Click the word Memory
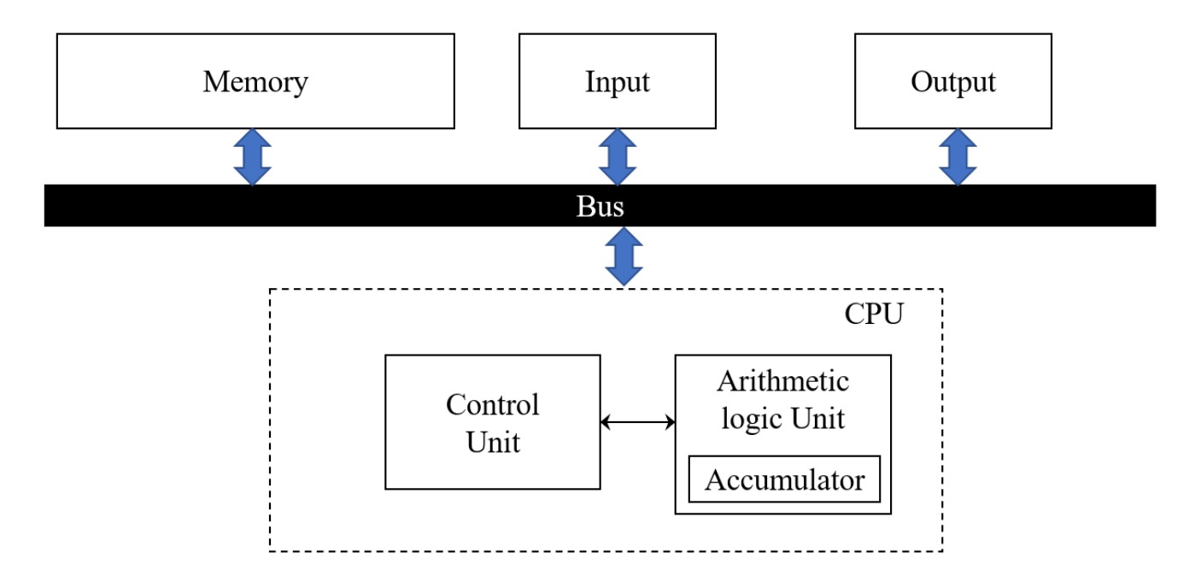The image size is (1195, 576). point(255,82)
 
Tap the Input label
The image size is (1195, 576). point(618,82)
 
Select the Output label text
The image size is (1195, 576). point(953,82)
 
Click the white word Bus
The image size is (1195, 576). point(600,206)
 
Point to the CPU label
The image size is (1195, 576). point(874,314)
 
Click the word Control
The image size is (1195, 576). point(492,404)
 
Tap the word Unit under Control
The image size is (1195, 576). point(493,442)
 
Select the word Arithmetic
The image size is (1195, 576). point(782,381)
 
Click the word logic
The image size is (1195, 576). point(753,419)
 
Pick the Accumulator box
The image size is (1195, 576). point(784,479)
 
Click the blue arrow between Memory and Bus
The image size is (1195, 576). point(252,157)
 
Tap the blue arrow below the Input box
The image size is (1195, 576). point(618,157)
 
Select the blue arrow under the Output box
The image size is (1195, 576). point(958,157)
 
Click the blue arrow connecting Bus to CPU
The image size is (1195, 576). point(624,256)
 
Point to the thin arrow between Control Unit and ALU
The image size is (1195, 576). point(637,422)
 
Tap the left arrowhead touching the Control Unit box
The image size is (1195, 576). point(605,422)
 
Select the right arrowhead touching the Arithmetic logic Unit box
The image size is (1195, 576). point(671,422)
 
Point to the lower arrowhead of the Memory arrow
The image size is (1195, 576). point(252,176)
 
